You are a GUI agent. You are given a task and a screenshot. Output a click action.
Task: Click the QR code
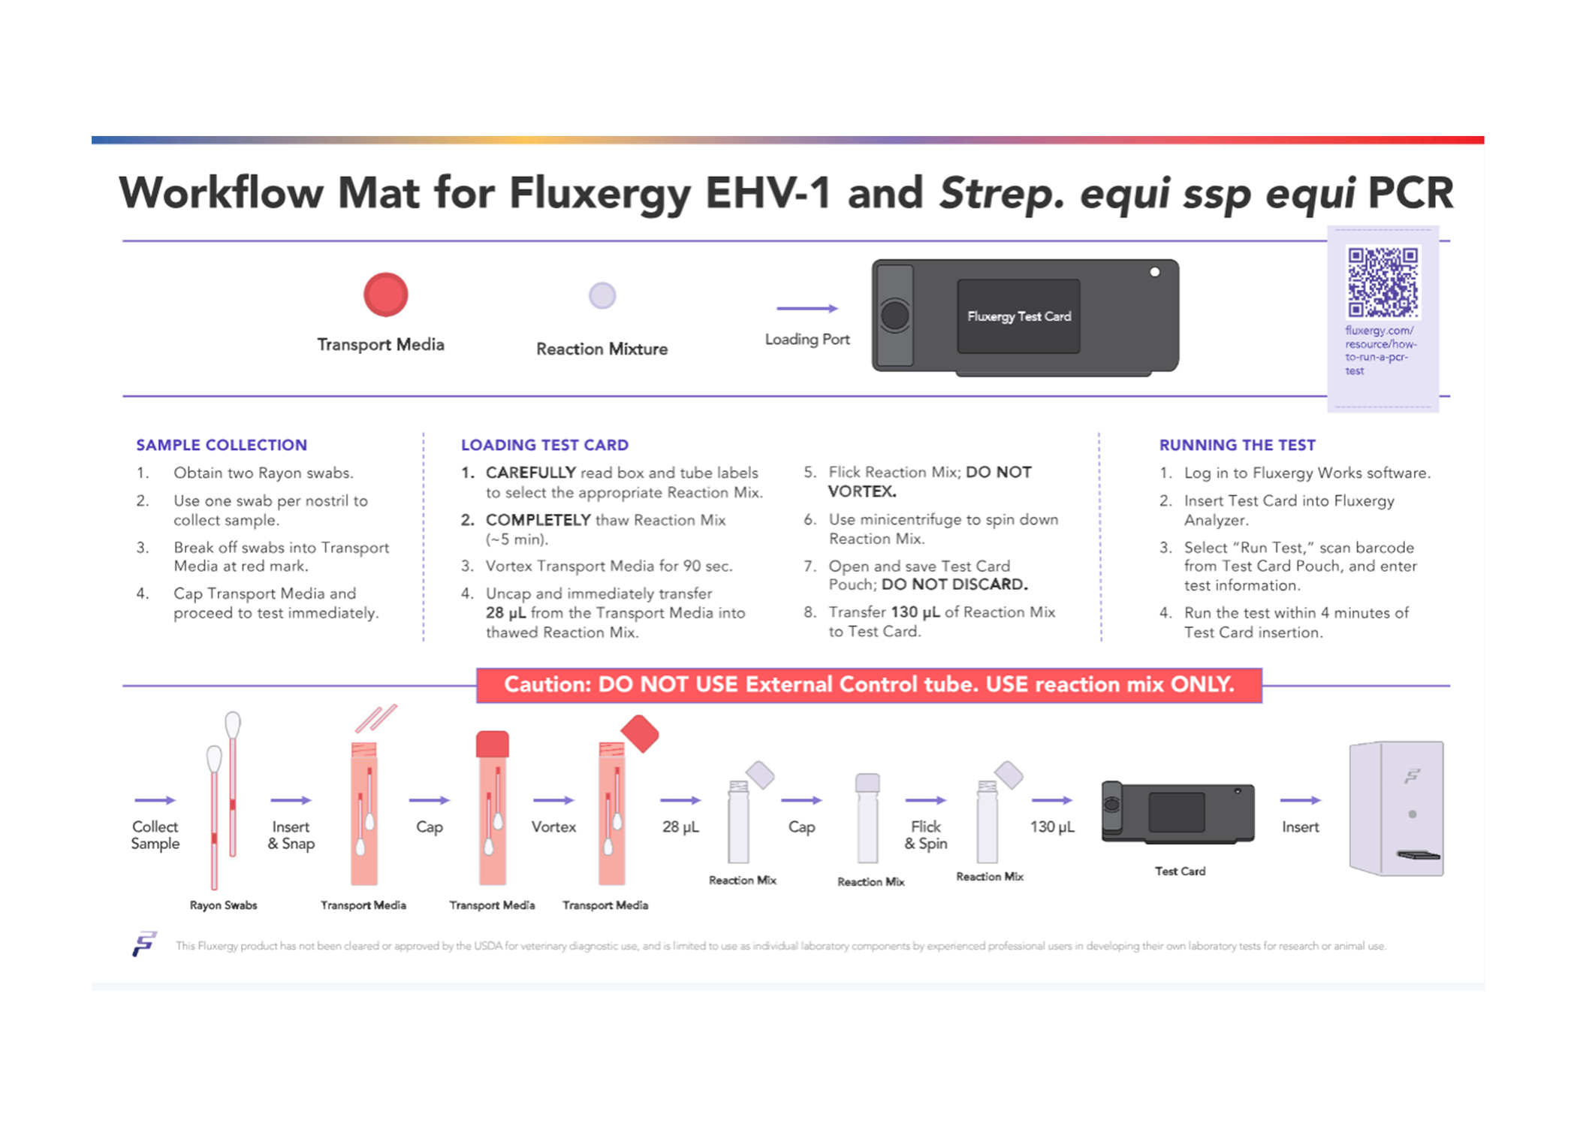(1382, 282)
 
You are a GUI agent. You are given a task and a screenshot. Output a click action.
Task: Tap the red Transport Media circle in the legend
(385, 295)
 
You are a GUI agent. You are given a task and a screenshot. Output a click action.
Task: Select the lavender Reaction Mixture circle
(602, 295)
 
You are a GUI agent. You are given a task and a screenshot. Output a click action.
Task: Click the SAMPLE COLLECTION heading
(222, 445)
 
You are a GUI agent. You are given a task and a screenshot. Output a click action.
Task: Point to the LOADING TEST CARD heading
(544, 445)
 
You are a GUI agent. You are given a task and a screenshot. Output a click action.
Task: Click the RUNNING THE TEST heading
(1237, 445)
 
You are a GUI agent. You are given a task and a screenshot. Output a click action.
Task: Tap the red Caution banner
(868, 684)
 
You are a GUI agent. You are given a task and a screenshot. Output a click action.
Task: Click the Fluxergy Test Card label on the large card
(1018, 316)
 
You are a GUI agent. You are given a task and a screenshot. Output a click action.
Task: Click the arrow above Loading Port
(807, 308)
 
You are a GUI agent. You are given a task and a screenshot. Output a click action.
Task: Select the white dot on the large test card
(1154, 272)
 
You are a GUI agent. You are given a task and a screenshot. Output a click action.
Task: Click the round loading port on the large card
(894, 316)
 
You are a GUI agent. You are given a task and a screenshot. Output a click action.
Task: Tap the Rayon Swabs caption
(223, 905)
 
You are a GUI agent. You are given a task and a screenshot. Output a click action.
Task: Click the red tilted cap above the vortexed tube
(640, 733)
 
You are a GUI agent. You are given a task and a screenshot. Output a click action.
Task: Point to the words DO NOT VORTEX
(930, 482)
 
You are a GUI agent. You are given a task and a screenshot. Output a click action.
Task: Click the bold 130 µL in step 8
(915, 612)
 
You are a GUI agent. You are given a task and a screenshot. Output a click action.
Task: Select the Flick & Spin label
(925, 835)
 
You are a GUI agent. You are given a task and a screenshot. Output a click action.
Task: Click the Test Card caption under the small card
(1180, 872)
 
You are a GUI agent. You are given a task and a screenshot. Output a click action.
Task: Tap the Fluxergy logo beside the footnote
(143, 944)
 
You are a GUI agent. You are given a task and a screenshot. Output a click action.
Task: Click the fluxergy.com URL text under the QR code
(1379, 350)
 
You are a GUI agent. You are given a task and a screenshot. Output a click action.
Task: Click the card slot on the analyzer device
(1418, 854)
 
